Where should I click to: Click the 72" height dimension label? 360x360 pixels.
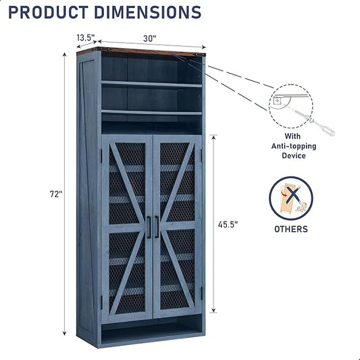56,195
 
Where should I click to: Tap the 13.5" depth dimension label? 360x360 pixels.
86,37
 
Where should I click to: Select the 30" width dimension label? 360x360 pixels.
150,38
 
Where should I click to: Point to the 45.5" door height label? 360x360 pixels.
228,224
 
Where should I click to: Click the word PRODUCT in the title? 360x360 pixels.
49,12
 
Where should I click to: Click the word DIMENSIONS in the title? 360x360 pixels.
148,12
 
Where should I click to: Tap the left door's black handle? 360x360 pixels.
149,227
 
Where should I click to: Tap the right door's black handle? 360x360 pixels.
157,227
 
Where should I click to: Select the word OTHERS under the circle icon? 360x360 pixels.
291,229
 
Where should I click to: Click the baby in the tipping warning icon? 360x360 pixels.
301,207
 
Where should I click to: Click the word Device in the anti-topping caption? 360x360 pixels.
294,155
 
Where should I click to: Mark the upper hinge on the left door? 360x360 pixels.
101,155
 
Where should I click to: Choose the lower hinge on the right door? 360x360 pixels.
202,293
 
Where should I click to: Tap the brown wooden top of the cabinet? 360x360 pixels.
141,51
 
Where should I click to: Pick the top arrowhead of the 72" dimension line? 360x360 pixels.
65,55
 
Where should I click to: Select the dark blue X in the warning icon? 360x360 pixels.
293,196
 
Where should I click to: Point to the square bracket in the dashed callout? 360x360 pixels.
277,101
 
